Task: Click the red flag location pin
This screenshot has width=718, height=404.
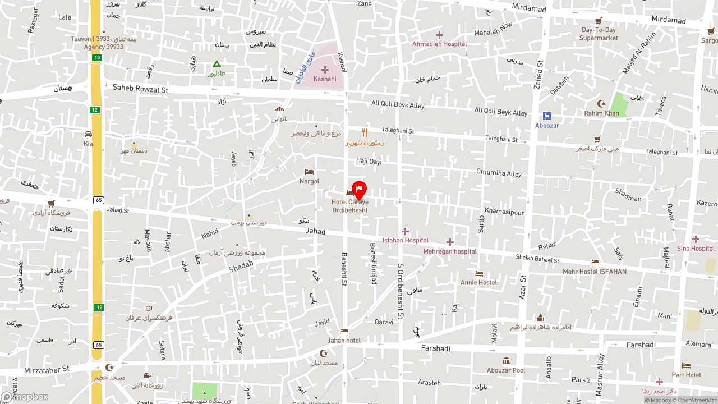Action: click(x=359, y=190)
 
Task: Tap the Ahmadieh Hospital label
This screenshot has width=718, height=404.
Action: click(x=439, y=44)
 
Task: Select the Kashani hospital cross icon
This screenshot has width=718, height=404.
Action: click(x=325, y=70)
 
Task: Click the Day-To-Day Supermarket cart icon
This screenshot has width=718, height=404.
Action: click(x=599, y=21)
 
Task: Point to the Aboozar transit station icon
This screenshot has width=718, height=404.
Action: click(x=547, y=116)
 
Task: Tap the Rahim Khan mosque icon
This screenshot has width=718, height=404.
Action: click(x=602, y=104)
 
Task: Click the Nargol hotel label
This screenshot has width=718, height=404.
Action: click(x=309, y=181)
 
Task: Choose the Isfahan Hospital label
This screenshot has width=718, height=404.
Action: click(x=405, y=240)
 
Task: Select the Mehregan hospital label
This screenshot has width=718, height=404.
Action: click(x=450, y=251)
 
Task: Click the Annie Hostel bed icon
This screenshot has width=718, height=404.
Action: click(x=478, y=274)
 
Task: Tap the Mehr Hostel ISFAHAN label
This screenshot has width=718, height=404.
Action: click(x=595, y=272)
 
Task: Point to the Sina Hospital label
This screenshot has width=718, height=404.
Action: click(x=696, y=249)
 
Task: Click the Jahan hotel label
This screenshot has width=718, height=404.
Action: click(x=344, y=341)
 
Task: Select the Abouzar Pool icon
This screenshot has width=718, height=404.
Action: click(x=506, y=361)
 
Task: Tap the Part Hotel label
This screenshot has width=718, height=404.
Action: click(x=686, y=375)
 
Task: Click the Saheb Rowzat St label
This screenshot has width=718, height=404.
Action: click(x=140, y=89)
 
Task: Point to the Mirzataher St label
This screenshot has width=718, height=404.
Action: click(x=47, y=370)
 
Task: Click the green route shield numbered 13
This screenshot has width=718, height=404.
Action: click(x=97, y=58)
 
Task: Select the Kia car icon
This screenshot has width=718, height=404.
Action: click(x=88, y=135)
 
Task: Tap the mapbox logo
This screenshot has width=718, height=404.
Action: click(x=25, y=397)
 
